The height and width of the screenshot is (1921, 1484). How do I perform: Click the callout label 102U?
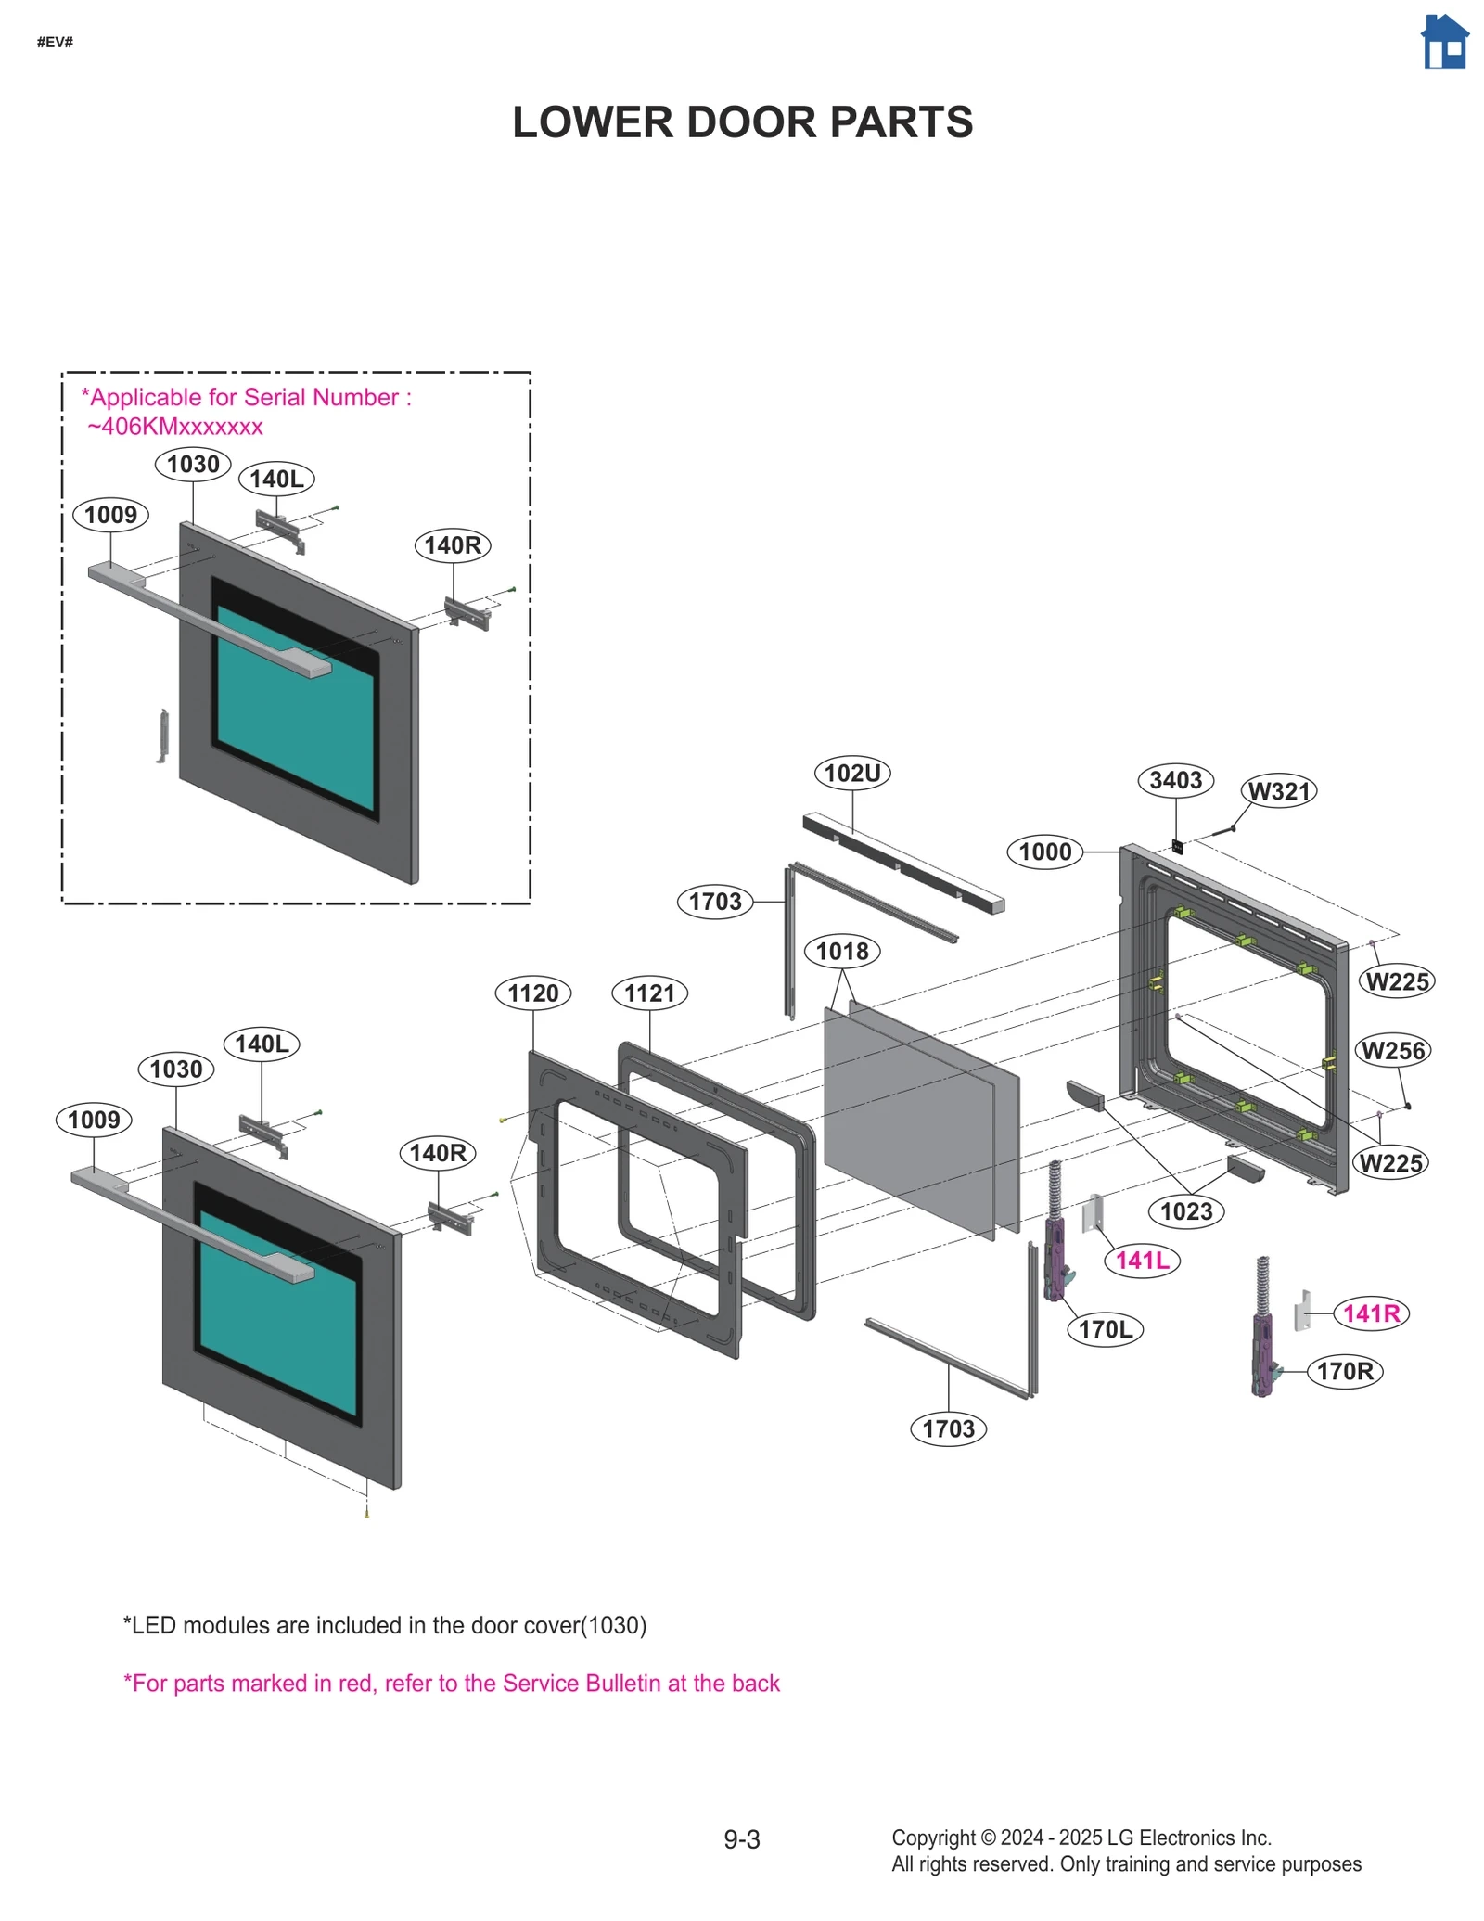(x=851, y=773)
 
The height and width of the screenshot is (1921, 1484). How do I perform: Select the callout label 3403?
(x=1175, y=780)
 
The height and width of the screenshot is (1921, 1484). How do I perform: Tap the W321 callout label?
(x=1279, y=791)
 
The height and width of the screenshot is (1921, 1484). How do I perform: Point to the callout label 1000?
(x=1044, y=852)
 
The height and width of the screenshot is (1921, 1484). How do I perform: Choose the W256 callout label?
(x=1392, y=1051)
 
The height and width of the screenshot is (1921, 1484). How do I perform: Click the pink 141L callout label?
(x=1142, y=1261)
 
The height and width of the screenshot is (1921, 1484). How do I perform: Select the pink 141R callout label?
(x=1371, y=1313)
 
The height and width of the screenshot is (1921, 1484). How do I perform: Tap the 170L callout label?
(x=1105, y=1329)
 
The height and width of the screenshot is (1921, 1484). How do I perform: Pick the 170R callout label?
(x=1344, y=1371)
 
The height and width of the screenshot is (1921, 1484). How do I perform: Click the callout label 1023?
(x=1186, y=1211)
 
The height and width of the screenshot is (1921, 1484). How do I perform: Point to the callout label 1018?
(x=842, y=951)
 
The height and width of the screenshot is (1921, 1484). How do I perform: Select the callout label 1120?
(x=532, y=993)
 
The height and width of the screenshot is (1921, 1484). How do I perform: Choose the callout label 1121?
(x=649, y=993)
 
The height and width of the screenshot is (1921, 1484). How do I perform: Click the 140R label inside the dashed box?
(x=453, y=545)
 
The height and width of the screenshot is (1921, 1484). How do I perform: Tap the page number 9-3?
(x=742, y=1839)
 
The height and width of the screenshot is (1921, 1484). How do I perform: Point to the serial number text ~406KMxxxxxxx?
(x=175, y=427)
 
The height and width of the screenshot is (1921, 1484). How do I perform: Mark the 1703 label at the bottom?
(x=948, y=1428)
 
